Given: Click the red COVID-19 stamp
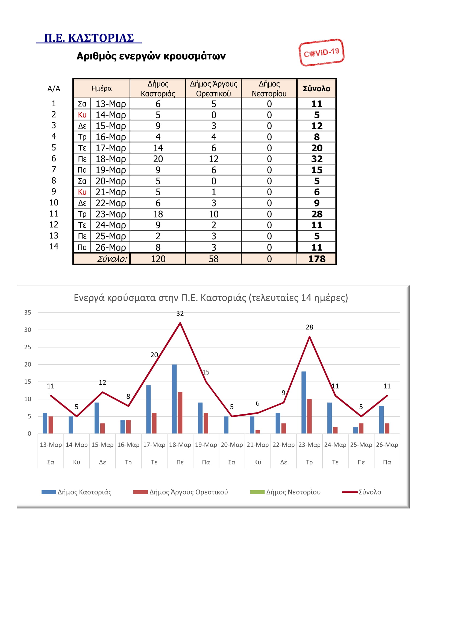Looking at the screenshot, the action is click(321, 52).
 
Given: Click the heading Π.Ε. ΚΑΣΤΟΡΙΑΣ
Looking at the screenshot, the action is click(89, 38).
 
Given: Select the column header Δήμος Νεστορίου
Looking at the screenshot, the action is click(269, 89).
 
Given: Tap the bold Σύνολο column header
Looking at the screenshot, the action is click(316, 89).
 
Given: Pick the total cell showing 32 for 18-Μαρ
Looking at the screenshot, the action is click(317, 159).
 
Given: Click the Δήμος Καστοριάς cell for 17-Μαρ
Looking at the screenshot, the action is click(158, 148).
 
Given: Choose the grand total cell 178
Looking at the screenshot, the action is click(317, 259).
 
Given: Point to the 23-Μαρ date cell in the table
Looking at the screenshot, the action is click(110, 214).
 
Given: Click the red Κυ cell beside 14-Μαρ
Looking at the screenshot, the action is click(82, 115).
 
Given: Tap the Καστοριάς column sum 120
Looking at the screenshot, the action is click(158, 259).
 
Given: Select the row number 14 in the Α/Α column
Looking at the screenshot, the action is click(54, 246).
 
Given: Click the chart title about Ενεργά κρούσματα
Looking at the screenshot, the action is click(211, 298).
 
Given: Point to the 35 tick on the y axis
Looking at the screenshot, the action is click(28, 312).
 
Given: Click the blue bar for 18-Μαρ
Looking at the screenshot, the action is click(174, 399).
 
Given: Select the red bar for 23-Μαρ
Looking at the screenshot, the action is click(310, 416).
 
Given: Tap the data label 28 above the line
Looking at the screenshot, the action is click(309, 327).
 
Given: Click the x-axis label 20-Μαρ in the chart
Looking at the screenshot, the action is click(231, 445).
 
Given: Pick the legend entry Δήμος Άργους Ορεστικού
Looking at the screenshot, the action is click(180, 492).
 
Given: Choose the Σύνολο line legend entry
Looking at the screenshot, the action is click(361, 492).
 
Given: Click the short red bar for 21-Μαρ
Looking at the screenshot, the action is click(258, 432).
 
